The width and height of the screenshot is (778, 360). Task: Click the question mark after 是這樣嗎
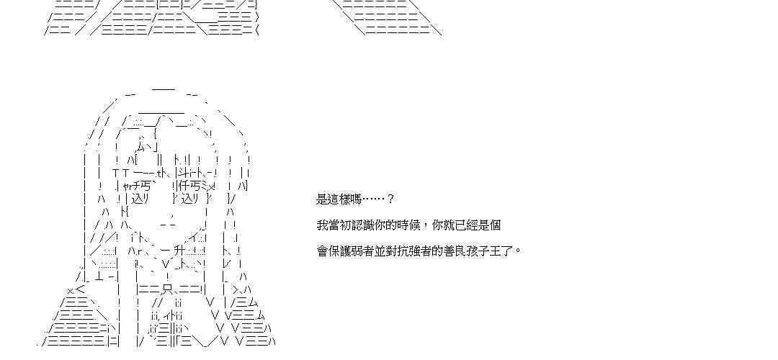tap(390, 199)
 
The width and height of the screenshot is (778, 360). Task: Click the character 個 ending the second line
tap(495, 225)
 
